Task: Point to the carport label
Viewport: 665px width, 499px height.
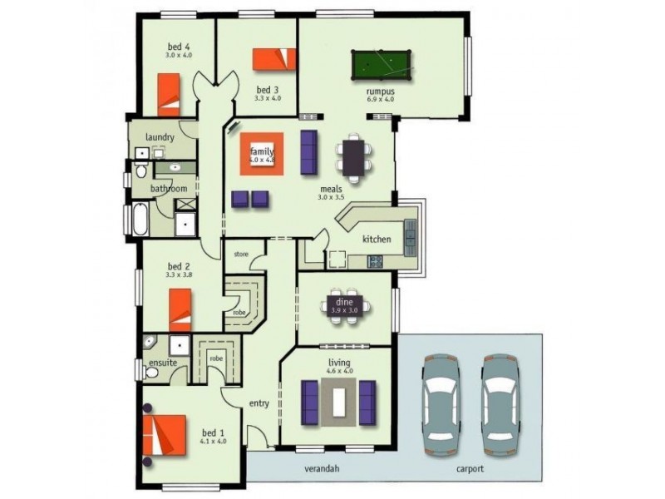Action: pos(470,469)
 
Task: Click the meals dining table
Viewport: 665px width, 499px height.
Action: pos(354,156)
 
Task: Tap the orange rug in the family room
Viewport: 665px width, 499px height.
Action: pos(263,153)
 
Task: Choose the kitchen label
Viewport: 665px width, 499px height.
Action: pos(376,240)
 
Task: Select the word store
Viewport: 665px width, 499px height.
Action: pos(241,254)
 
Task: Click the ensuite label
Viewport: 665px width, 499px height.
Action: pos(161,363)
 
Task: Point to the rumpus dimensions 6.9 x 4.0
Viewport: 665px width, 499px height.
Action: pos(380,99)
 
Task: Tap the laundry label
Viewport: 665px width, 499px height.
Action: pos(159,137)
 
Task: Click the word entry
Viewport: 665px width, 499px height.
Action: pos(259,404)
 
